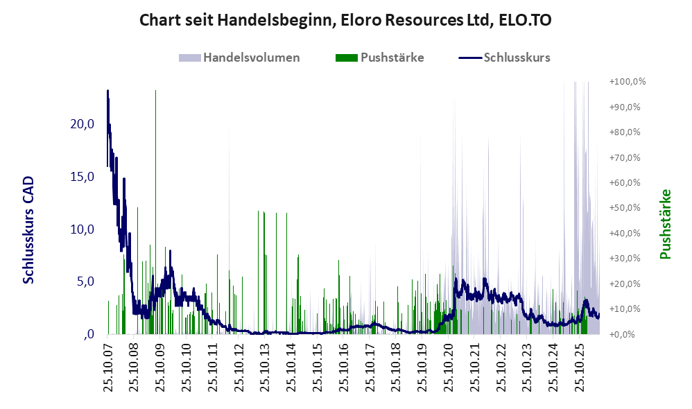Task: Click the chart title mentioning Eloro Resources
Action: coord(345,20)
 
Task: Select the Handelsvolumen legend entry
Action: coord(239,58)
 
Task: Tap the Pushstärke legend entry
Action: coord(379,58)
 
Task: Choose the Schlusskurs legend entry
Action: coord(504,58)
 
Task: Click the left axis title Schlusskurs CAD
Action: coord(28,230)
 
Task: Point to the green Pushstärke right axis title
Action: coord(665,224)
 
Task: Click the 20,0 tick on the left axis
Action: coord(83,124)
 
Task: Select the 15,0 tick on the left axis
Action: coord(83,177)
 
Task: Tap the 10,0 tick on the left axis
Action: coord(83,229)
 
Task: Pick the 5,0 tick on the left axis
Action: coord(85,281)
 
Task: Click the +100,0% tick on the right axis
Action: coord(628,82)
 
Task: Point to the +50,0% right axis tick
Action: coord(625,208)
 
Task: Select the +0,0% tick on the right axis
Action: coord(622,334)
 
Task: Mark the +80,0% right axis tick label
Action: coord(625,132)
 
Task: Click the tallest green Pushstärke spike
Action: coord(155,212)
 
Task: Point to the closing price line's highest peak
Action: coord(107,91)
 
